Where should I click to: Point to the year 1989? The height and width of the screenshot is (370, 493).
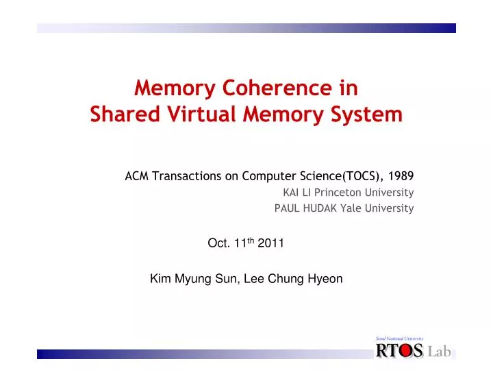(401, 176)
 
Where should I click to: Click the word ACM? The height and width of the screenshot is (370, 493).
(136, 176)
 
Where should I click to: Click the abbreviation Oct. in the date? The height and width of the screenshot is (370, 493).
(217, 243)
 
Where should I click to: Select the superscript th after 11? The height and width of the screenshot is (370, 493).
(252, 240)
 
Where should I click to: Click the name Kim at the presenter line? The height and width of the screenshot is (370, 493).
(160, 278)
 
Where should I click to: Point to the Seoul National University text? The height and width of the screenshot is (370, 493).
(400, 338)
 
